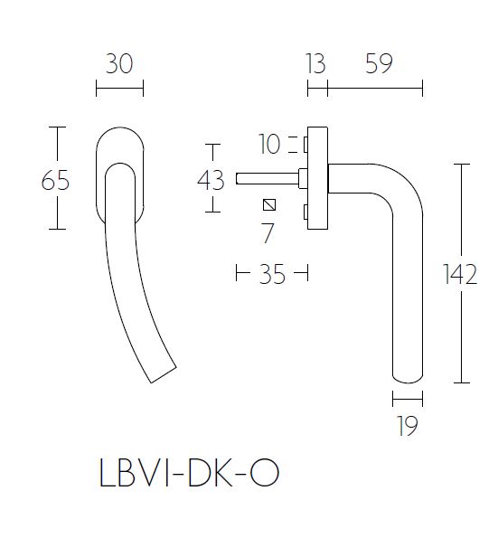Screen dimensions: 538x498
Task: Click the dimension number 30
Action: pyautogui.click(x=118, y=64)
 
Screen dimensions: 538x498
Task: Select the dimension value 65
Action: pyautogui.click(x=55, y=181)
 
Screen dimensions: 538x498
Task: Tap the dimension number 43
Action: pyautogui.click(x=211, y=180)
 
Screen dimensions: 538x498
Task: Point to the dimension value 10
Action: pyautogui.click(x=270, y=143)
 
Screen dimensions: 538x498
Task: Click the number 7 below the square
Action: pyautogui.click(x=267, y=233)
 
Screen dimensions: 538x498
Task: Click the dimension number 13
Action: pyautogui.click(x=315, y=64)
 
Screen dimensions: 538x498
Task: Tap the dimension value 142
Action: pyautogui.click(x=461, y=275)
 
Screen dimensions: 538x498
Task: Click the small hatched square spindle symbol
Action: pyautogui.click(x=268, y=203)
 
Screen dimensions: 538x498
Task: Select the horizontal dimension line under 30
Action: pyautogui.click(x=118, y=89)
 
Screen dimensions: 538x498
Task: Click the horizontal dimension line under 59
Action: pyautogui.click(x=374, y=89)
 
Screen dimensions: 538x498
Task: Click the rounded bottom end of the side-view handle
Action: pyautogui.click(x=408, y=375)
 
